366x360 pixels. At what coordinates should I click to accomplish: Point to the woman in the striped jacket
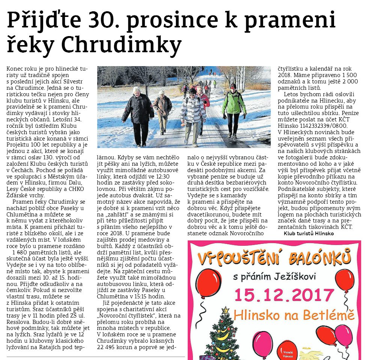point(193,113)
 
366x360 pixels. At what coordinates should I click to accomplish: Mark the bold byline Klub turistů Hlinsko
point(309,233)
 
